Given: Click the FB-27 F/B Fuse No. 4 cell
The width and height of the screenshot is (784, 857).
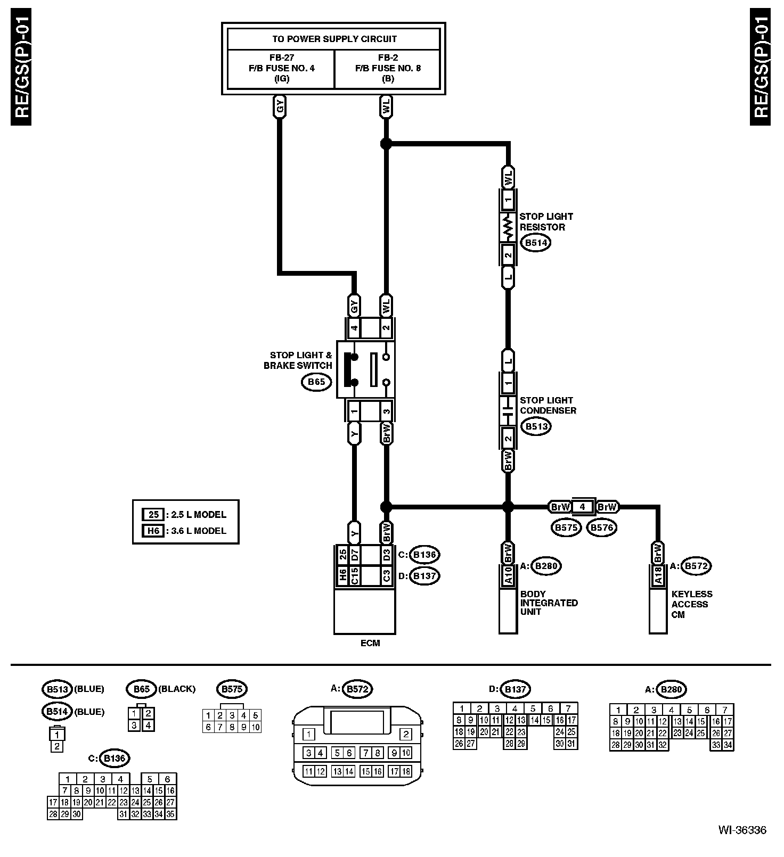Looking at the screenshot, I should coord(281,68).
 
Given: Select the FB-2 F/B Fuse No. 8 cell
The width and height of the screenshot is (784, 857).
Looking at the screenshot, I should coord(387,68).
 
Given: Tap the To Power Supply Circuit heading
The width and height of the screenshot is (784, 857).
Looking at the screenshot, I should coord(334,39).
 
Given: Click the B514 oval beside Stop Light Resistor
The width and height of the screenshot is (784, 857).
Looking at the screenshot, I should coord(535,243).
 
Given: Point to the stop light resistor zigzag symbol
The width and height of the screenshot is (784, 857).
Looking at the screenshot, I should coord(508,227).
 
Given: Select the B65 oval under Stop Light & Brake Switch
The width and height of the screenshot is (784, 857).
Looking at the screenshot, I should coord(316,382).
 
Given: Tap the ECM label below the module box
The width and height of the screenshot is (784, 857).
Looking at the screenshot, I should coord(370,643).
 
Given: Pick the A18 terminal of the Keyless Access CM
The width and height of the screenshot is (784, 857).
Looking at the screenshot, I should coord(658,575).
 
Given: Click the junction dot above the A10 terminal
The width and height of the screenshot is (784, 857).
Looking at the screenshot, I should coord(508,507).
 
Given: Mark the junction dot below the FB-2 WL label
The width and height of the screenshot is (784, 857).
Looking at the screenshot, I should coord(386,143).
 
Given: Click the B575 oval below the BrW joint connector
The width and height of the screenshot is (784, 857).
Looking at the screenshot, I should coord(566,528).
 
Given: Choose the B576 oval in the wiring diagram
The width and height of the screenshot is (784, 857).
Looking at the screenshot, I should coord(601,528).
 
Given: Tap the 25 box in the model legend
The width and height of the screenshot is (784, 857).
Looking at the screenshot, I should coord(153,514).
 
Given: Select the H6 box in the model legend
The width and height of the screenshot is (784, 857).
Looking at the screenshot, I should coord(153,531).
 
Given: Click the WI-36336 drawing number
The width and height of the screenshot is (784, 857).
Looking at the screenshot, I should coord(742,830).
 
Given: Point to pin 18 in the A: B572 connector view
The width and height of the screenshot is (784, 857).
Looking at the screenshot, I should coord(406,771).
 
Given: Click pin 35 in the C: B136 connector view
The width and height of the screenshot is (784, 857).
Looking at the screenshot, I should coord(170,814).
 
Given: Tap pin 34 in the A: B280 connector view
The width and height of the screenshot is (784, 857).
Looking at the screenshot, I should coord(728,745).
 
